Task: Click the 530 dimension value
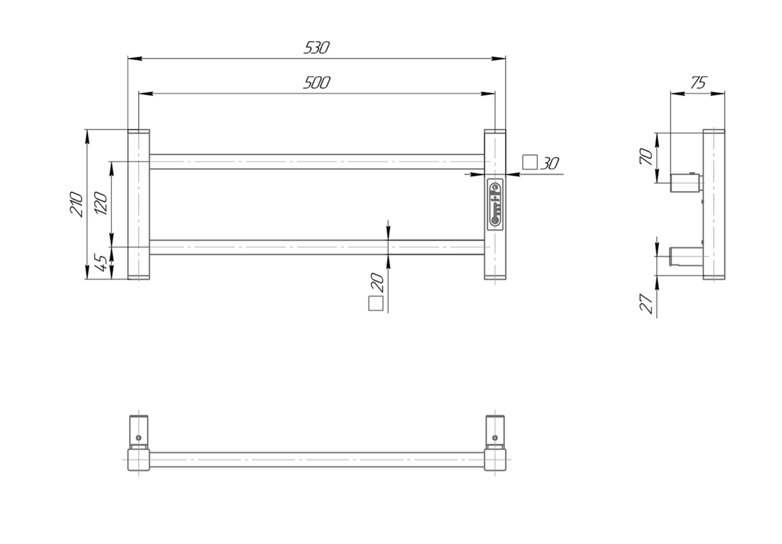click(x=317, y=48)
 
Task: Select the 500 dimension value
click(x=317, y=83)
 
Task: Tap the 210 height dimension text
click(x=76, y=204)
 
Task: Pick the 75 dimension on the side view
click(x=697, y=83)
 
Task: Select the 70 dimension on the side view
click(x=646, y=158)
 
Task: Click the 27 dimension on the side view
click(x=646, y=304)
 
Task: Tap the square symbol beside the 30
click(x=530, y=162)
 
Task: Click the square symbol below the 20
click(x=375, y=304)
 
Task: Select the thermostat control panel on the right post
click(x=495, y=203)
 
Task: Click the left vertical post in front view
click(x=138, y=205)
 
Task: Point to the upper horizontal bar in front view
click(x=317, y=162)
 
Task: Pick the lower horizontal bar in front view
click(x=317, y=247)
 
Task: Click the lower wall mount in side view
click(x=684, y=255)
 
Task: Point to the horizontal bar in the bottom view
click(x=317, y=459)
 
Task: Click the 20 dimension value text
click(x=376, y=281)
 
